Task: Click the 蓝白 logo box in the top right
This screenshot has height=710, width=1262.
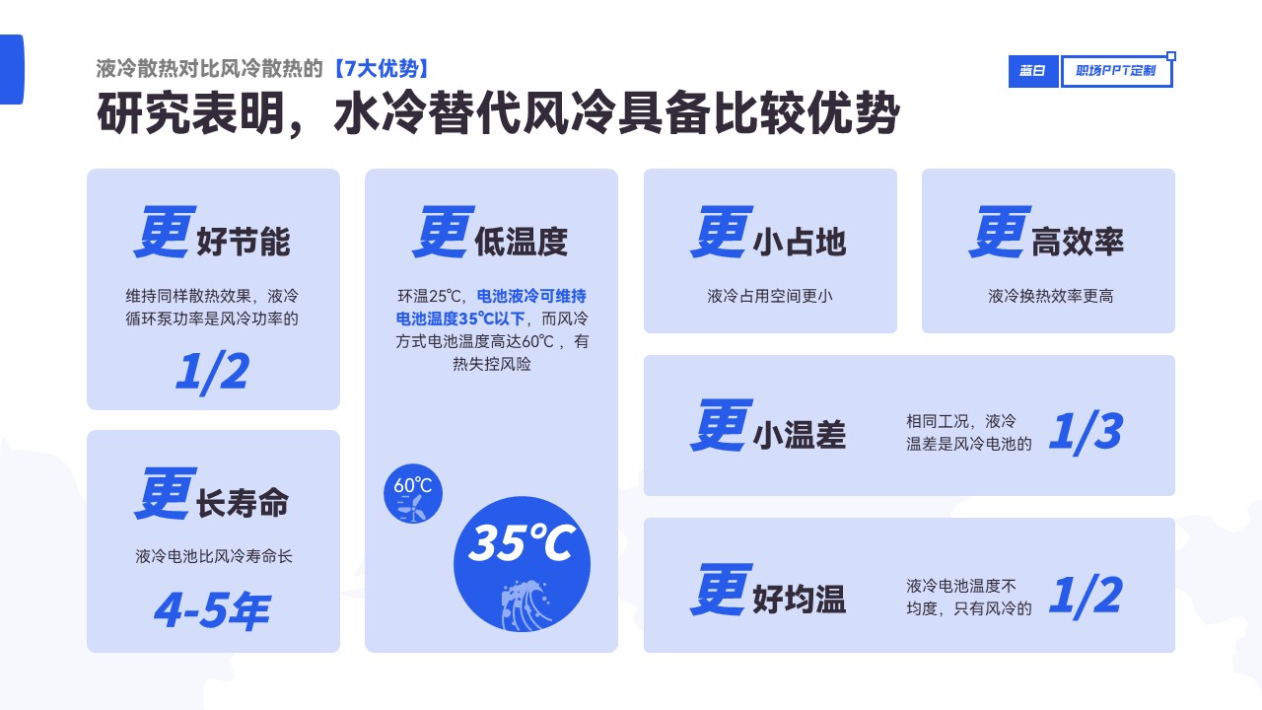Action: pos(1032,71)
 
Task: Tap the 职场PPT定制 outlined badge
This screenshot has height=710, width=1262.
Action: pos(1116,71)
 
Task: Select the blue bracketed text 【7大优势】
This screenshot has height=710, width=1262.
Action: pos(382,69)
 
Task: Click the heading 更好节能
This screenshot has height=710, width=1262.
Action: pos(212,233)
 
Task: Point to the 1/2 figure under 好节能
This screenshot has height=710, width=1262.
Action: pos(212,372)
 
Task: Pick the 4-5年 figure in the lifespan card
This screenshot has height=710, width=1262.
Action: pos(212,610)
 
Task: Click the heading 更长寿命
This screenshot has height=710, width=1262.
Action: pos(212,494)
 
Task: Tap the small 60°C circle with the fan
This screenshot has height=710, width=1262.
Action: pos(413,494)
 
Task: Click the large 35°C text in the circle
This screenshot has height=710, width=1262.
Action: pos(522,542)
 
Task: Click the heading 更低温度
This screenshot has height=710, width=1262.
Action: pos(490,233)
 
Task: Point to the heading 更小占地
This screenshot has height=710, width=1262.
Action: pos(768,233)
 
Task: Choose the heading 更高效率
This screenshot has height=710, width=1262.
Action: pos(1047,233)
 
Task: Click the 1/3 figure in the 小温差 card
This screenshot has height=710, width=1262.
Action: pos(1086,432)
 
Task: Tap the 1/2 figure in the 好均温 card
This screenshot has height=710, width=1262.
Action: pos(1086,596)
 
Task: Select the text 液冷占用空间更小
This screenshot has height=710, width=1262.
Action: pos(770,296)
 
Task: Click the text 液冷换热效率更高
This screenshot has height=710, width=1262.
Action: pos(1050,296)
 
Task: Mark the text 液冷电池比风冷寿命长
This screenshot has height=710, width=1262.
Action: pos(214,556)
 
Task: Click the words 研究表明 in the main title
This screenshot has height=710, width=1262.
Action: pos(191,113)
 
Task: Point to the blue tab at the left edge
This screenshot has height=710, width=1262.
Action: pos(12,69)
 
